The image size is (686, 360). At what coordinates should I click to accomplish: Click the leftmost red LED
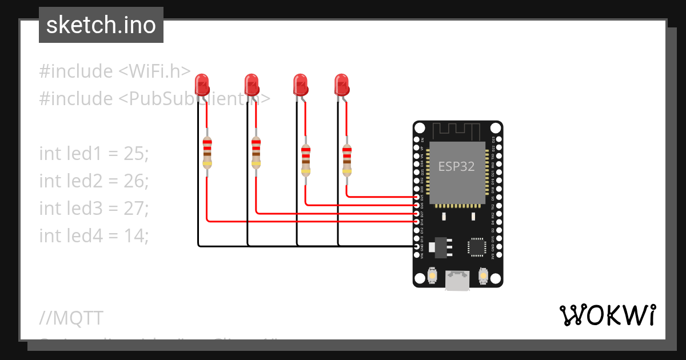point(202,85)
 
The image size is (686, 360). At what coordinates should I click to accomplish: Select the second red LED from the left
point(251,85)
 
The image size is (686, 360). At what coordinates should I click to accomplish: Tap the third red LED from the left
point(300,85)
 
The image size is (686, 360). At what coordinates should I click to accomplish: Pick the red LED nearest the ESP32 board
point(341,85)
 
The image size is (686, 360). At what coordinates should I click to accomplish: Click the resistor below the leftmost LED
point(207,153)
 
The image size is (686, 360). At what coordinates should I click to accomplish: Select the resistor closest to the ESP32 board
point(347,160)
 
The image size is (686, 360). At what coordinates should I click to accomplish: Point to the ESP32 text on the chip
point(456,166)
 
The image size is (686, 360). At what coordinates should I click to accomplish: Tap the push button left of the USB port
point(433,277)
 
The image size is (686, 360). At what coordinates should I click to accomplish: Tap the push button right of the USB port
point(483,277)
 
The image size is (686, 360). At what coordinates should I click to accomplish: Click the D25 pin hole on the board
point(416,197)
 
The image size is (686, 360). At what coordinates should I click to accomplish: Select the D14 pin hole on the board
point(416,221)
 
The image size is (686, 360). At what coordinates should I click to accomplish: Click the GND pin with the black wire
point(416,246)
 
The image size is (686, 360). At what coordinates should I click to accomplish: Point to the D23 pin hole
point(499,139)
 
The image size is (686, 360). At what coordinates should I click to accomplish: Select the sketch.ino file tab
point(101,25)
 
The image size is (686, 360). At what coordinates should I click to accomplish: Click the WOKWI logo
point(608,315)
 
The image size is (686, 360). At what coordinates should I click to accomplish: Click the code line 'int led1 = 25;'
point(94,153)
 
